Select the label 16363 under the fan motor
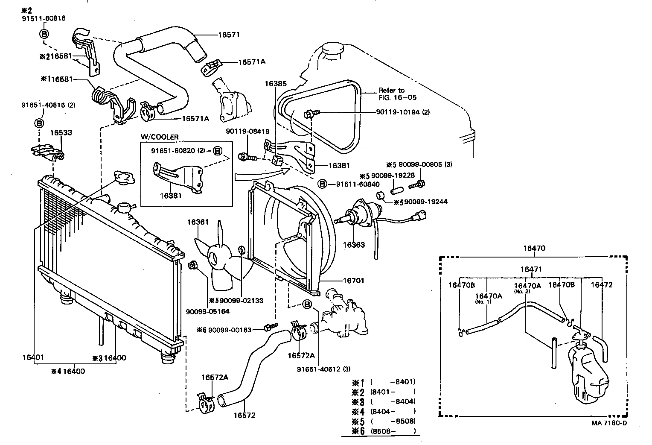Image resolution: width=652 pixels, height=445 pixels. pos(354,245)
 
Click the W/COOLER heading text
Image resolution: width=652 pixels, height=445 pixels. pos(160,137)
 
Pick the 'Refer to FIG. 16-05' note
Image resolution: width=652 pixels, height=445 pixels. pos(392,94)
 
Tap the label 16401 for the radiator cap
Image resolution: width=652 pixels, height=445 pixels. pos(33,357)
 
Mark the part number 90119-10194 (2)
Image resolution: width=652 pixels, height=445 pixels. pos(403,112)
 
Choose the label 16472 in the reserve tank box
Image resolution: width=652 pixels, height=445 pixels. pos(602,284)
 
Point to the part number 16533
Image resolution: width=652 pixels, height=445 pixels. pos(61,133)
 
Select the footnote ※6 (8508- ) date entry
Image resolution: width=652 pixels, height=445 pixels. pos(383,430)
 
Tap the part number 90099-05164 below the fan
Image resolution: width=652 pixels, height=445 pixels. pos(207,311)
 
